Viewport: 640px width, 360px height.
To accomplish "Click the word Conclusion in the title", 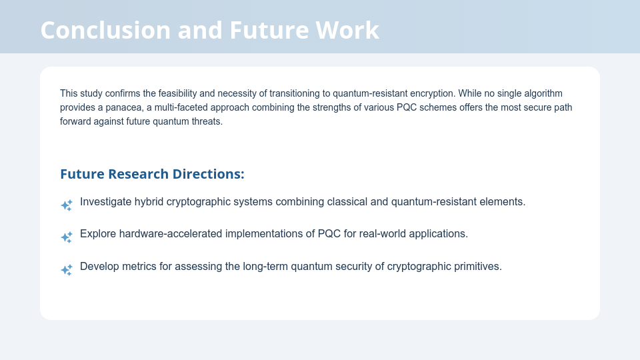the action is click(106, 30).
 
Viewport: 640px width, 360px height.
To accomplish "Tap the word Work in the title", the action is click(347, 30).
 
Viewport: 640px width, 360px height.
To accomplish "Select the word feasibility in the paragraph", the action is click(177, 93).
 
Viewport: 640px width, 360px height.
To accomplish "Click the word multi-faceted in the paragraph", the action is click(181, 107).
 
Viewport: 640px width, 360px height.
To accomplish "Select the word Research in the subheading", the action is click(138, 174).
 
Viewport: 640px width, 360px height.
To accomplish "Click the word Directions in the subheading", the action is click(208, 174).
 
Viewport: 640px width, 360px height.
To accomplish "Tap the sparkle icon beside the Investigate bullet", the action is click(67, 205).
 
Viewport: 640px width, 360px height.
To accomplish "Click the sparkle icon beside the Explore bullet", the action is click(67, 237).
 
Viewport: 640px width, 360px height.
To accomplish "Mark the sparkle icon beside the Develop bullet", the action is click(67, 270).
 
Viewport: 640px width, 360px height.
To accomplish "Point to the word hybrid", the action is click(149, 202).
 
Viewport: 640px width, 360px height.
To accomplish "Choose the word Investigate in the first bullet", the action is click(106, 202).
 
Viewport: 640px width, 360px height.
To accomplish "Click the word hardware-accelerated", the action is click(171, 234).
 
